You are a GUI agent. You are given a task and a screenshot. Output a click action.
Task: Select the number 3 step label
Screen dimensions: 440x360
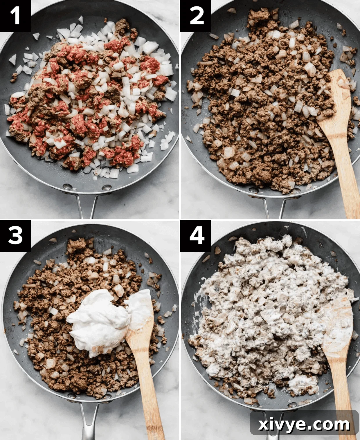15,235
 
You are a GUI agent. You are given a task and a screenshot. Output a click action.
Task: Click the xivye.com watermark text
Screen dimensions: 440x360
304,424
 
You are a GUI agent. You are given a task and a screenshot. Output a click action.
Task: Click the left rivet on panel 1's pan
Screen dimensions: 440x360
67,186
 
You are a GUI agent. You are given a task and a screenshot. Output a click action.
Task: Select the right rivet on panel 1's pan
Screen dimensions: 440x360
106,187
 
